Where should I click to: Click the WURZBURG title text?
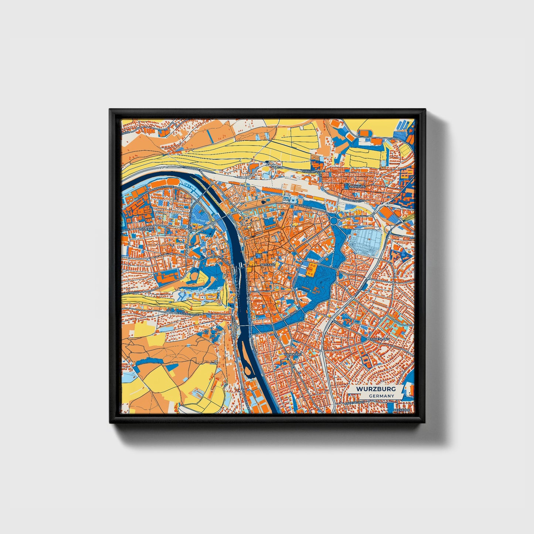tap(376, 389)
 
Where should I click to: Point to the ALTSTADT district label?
tap(267, 265)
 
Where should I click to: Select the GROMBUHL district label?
tap(357, 187)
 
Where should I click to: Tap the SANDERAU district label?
tap(293, 354)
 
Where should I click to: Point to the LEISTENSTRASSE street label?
tap(188, 314)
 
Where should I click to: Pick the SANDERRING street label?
tap(291, 313)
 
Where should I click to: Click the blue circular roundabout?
tap(334, 221)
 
